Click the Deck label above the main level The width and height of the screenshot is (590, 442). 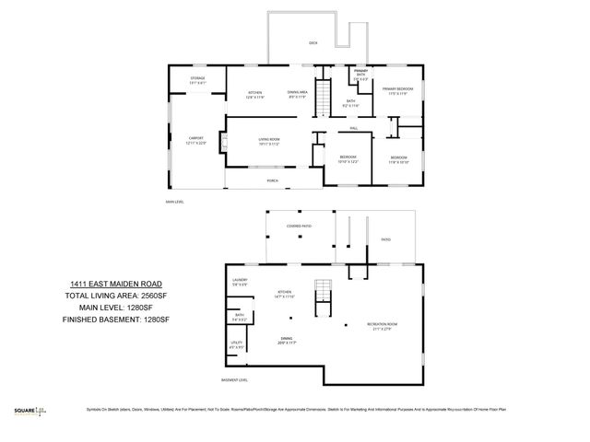coord(312,43)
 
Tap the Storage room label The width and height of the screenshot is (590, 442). coord(197,80)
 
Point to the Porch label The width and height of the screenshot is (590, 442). coord(273,181)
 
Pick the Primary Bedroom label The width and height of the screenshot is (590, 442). coord(398,90)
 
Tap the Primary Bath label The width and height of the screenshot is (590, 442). coord(361,76)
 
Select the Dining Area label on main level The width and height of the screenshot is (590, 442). coord(297,93)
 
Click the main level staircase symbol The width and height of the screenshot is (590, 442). coord(323,98)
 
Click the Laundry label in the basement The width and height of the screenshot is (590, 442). coord(240,281)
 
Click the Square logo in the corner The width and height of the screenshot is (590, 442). coord(33,410)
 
